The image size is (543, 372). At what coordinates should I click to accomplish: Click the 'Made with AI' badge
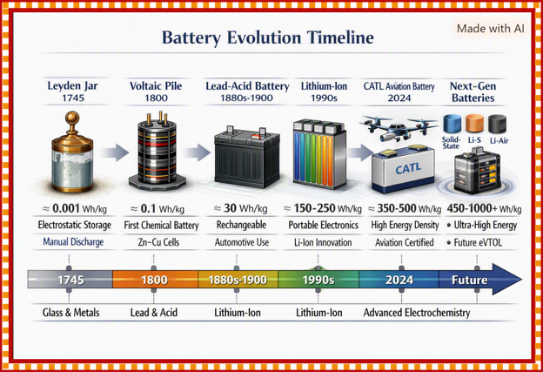tap(491, 29)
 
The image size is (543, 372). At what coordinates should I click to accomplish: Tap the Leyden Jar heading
tap(72, 91)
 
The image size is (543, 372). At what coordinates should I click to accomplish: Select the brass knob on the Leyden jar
tap(72, 120)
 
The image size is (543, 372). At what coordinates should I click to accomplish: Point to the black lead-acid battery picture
tap(247, 156)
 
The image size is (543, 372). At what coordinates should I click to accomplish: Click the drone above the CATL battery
tap(399, 128)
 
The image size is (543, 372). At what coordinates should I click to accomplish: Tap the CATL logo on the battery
tap(408, 169)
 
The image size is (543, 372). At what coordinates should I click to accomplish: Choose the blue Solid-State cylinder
tap(452, 124)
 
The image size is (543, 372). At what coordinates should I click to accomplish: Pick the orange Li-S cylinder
tap(474, 124)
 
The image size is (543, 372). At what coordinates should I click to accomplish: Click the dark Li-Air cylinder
tap(497, 124)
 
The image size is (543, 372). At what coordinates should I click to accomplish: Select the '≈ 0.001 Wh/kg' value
tap(75, 209)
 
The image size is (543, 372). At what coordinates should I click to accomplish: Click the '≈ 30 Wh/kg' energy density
tap(241, 208)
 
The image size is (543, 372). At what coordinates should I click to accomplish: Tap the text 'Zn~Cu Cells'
tap(158, 242)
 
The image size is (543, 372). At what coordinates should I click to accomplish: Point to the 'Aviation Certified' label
tap(404, 242)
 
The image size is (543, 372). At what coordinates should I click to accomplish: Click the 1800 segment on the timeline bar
tap(155, 280)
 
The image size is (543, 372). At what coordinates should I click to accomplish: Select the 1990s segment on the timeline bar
tap(318, 280)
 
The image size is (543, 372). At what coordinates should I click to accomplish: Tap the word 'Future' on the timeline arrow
tap(469, 280)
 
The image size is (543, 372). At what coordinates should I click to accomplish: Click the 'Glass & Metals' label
tap(71, 313)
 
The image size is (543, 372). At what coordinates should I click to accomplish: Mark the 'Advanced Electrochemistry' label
tap(417, 313)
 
